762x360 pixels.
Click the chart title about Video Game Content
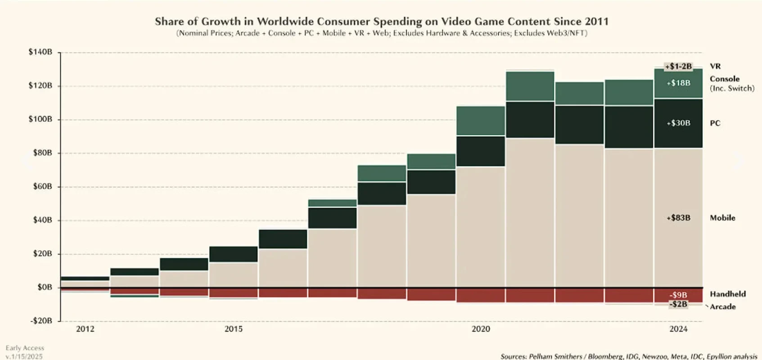381,22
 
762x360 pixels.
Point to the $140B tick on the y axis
40,52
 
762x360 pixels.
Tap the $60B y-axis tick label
42,186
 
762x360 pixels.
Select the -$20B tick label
41,321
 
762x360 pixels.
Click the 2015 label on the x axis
233,329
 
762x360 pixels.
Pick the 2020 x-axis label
480,329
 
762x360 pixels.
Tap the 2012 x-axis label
85,329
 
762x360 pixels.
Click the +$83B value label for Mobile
678,218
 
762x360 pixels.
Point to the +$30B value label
678,123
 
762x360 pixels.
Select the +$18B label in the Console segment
678,83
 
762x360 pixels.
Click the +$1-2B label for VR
678,67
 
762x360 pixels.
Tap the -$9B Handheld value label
678,295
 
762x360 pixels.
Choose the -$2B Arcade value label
678,304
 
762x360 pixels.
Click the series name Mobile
722,218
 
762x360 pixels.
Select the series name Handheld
727,294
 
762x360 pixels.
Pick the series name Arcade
723,306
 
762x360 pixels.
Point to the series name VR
715,66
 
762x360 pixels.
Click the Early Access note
25,348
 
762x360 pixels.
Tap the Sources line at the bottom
629,356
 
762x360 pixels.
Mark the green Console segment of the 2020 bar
480,121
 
